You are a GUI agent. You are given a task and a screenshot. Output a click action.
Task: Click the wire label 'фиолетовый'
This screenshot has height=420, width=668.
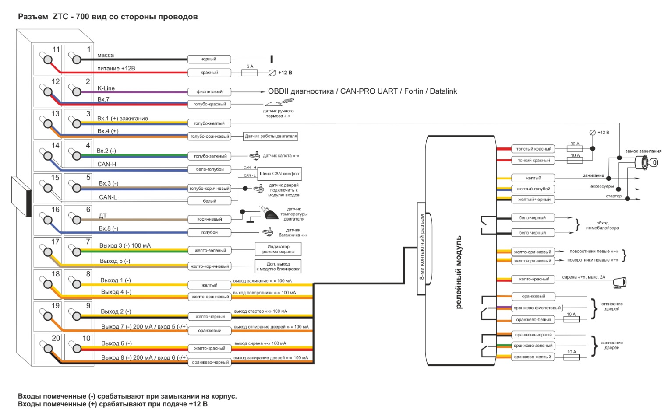[209, 92]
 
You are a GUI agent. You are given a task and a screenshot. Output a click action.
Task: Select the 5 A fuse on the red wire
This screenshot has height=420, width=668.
[250, 73]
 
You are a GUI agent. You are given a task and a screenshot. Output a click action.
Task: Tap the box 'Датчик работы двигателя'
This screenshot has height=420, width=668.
[271, 136]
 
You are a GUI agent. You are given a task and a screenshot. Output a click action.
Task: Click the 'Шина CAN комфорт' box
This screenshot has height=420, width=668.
[280, 174]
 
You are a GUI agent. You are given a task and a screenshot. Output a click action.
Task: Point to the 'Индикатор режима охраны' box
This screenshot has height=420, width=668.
[278, 249]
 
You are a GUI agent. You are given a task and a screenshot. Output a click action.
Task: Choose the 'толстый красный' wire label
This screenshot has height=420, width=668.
[533, 149]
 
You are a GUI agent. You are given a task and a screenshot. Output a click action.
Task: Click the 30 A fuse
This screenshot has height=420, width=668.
[575, 149]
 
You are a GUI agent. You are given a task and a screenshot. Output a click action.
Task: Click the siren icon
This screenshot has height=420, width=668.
[619, 283]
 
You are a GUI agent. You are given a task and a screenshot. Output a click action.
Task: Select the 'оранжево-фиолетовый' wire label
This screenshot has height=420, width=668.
[537, 308]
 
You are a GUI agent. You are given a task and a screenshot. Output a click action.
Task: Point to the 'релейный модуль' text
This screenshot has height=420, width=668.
[459, 272]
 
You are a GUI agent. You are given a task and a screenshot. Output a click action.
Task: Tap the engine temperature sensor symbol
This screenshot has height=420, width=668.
[271, 214]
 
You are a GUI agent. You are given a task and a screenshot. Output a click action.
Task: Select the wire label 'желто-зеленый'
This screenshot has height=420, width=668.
[210, 251]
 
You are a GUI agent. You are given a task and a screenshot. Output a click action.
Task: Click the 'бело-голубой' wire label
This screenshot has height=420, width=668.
[210, 169]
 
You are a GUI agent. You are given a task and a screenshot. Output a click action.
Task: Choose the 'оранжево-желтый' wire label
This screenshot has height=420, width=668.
[532, 357]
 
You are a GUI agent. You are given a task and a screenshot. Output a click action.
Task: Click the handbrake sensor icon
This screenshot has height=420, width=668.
[278, 103]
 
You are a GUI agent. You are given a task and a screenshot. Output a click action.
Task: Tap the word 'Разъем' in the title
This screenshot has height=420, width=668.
[33, 17]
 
